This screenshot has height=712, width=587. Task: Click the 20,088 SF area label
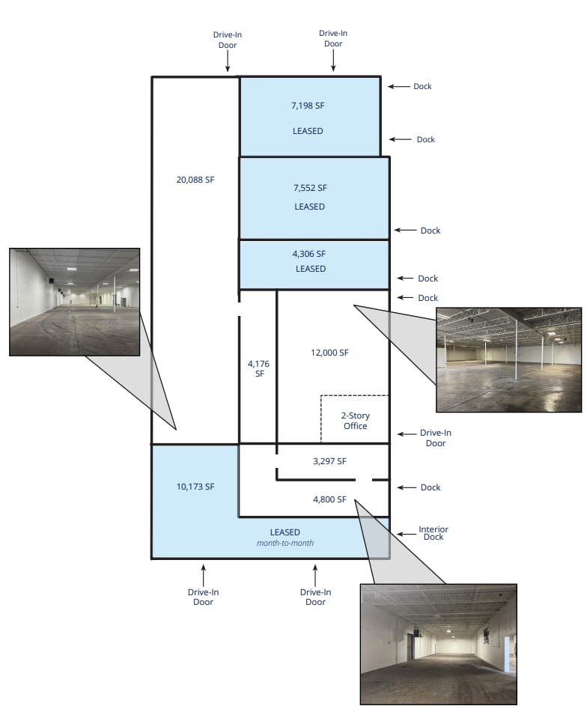[x=195, y=180]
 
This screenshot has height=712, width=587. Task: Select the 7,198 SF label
[x=308, y=106]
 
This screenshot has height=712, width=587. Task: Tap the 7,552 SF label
[x=310, y=188]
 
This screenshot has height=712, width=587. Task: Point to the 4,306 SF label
[x=309, y=254]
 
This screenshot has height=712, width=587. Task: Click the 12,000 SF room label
[x=329, y=353]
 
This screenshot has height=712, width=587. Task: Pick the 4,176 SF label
[x=259, y=368]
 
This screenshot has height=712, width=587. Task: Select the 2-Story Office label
[x=356, y=421]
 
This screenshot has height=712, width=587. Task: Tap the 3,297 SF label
[x=329, y=461]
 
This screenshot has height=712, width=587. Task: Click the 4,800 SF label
[x=329, y=499]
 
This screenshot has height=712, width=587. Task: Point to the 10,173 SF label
[x=195, y=487]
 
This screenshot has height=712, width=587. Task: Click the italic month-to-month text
[x=285, y=543]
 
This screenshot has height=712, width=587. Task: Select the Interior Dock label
[x=434, y=533]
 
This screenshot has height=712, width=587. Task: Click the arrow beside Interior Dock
[x=407, y=534]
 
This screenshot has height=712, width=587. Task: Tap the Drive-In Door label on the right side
[x=435, y=438]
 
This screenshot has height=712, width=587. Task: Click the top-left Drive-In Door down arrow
[x=228, y=61]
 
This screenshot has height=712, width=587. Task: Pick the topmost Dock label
[x=422, y=86]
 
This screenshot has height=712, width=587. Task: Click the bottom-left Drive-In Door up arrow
[x=204, y=575]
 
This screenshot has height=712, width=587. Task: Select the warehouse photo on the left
[x=74, y=302]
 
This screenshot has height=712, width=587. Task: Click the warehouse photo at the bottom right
[x=439, y=645]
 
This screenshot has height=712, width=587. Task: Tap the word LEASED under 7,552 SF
[x=310, y=207]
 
